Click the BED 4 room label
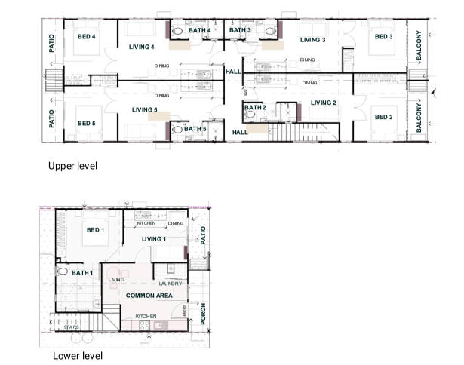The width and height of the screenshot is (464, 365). point(87,36)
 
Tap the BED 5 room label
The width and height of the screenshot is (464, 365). point(87,123)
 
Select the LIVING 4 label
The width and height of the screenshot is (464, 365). point(142,48)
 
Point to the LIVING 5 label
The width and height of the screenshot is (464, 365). point(144,110)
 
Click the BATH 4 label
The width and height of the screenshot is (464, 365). point(200,30)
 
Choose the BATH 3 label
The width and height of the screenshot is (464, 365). point(240,30)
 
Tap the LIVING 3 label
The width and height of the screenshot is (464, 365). point(312,40)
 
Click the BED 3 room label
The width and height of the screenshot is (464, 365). point(383,36)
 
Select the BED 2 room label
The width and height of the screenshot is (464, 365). point(383,117)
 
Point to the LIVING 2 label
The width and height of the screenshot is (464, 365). point(323,103)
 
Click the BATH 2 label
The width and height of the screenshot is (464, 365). point(255,108)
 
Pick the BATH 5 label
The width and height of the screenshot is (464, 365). point(195,129)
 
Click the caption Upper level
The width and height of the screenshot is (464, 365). point(73,165)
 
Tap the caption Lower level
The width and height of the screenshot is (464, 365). point(78,355)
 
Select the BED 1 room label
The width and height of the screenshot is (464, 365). point(95,230)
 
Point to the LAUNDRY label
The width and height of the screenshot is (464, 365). point(171,284)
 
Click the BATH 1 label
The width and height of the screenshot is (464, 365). point(82,272)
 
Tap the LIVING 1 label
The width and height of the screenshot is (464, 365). point(154,239)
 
